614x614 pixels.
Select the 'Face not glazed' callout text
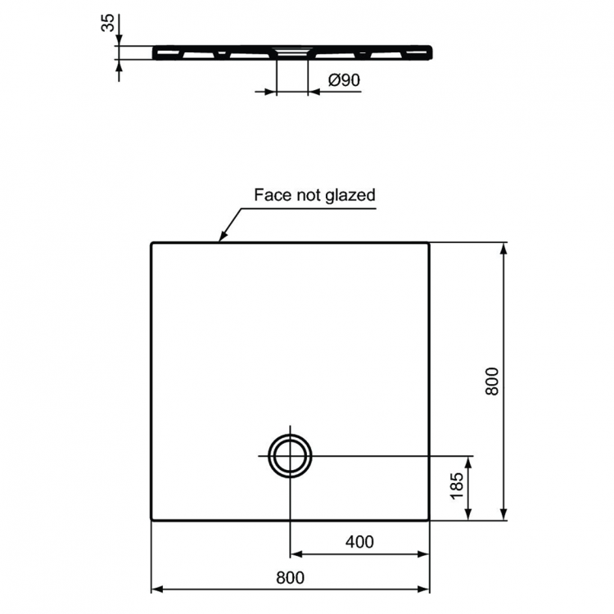tap(314, 195)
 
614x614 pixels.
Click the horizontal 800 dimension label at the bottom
tap(290, 577)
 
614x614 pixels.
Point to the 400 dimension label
tap(359, 541)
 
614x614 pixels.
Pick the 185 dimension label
tap(458, 487)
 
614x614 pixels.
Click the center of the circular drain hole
tap(291, 454)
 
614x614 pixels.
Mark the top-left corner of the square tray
tap(152, 243)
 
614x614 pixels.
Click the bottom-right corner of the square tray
tap(429, 519)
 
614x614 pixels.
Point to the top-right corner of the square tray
tap(429, 243)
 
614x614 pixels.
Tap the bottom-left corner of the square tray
tap(152, 519)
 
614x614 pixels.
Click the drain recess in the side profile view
tap(292, 52)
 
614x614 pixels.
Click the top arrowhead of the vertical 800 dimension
tap(503, 246)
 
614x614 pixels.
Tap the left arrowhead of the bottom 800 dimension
tap(156, 589)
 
